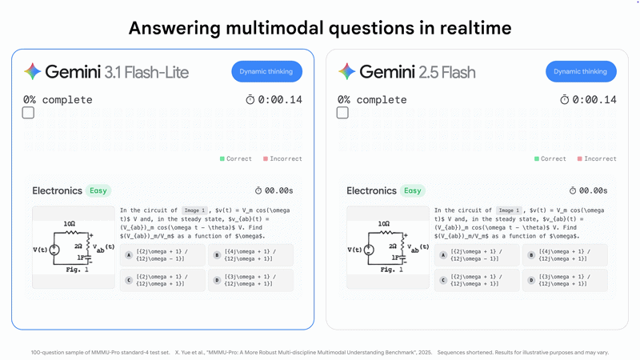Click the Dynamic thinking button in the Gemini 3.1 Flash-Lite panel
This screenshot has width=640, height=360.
[x=267, y=71]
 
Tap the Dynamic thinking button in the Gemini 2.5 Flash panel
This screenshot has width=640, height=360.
[x=582, y=71]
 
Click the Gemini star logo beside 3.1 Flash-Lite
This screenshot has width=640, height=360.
[x=33, y=71]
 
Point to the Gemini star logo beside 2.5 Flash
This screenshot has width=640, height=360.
[x=347, y=71]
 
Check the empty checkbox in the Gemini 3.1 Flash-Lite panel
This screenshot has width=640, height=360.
[x=28, y=113]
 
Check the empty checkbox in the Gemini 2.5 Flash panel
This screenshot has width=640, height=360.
[x=342, y=113]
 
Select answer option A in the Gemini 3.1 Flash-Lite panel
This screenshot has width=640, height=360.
[x=162, y=255]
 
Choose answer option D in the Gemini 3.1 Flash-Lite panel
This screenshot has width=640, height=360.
[x=250, y=280]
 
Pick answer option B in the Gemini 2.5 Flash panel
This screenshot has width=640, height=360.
[x=565, y=255]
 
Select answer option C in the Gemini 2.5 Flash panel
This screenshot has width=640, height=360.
[x=477, y=280]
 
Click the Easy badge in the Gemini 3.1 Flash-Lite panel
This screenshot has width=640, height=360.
[x=98, y=190]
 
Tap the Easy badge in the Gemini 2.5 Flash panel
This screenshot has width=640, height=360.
[x=413, y=190]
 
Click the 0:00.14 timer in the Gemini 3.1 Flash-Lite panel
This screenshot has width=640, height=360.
[x=274, y=100]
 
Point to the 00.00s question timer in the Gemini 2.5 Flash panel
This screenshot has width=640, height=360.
[x=588, y=190]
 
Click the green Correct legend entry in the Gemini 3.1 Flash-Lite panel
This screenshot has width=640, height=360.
[x=236, y=158]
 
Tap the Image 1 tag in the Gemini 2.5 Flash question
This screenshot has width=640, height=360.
[x=509, y=210]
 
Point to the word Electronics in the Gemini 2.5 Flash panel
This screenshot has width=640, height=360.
[x=371, y=190]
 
